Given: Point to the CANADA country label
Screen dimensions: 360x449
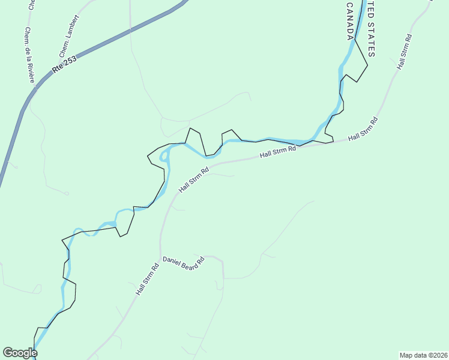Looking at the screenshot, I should pos(350,22).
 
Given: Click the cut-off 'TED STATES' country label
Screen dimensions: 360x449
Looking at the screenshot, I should pos(370,29).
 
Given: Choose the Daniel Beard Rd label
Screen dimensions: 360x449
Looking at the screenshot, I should pos(184,263).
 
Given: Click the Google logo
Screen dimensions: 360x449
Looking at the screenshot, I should pos(20,353).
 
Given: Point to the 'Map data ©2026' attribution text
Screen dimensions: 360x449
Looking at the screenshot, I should pos(423,355).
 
